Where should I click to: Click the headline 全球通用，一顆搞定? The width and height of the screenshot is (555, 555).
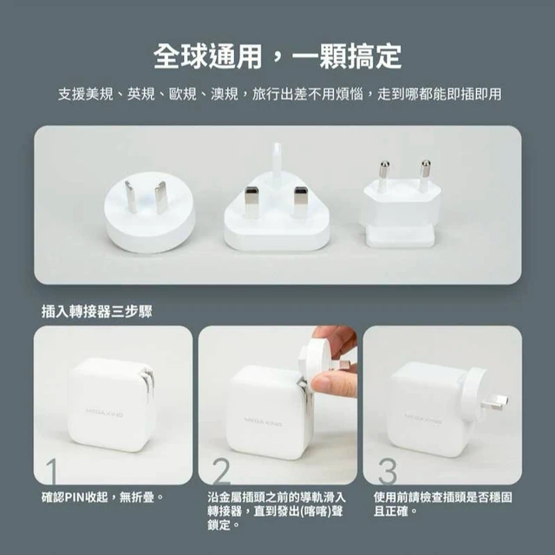(277, 56)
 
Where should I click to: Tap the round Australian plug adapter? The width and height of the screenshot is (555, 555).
(150, 212)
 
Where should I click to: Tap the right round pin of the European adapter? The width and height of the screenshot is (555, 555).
(426, 173)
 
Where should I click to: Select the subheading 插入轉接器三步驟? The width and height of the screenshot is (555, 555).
(96, 311)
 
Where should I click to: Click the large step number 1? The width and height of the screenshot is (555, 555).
(51, 471)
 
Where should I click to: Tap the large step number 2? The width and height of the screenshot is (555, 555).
(222, 471)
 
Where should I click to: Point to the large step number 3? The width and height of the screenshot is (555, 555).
(388, 471)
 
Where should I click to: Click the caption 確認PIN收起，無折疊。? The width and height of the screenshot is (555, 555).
(102, 497)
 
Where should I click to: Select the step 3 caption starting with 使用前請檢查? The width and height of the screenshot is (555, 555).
(443, 504)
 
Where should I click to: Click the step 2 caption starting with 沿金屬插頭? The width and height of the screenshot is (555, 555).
(277, 511)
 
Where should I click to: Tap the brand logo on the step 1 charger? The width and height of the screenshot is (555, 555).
(104, 412)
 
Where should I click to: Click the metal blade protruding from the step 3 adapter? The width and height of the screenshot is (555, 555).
(495, 401)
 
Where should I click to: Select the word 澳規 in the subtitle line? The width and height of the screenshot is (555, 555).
(224, 95)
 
